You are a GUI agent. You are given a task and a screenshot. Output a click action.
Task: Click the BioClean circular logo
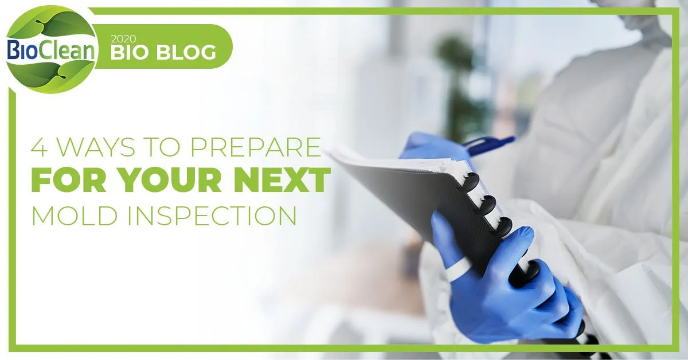51,50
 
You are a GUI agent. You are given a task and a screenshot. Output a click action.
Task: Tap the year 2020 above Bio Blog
123,39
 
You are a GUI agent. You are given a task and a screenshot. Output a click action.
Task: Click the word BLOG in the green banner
186,52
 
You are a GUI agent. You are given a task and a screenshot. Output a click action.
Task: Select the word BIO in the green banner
131,52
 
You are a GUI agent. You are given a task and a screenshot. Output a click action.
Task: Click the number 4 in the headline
39,147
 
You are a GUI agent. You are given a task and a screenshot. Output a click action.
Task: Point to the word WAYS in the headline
96,147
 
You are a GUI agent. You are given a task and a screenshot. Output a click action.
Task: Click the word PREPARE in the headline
256,147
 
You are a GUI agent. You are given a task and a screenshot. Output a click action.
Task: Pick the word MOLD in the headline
75,215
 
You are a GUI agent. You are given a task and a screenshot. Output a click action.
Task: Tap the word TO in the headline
163,147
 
